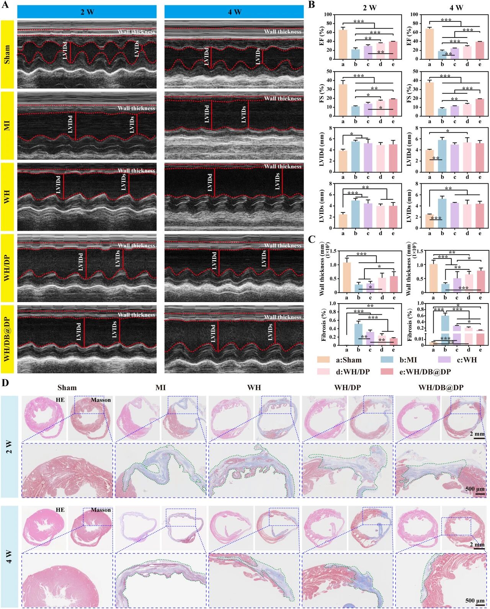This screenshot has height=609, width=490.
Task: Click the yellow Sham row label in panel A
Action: pyautogui.click(x=7, y=54)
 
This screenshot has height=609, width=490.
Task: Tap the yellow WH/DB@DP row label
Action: pyautogui.click(x=7, y=339)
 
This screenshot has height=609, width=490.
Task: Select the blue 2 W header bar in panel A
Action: pyautogui.click(x=87, y=12)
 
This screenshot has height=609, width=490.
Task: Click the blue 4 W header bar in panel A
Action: pyautogui.click(x=234, y=12)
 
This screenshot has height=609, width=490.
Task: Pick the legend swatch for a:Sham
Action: pyautogui.click(x=324, y=360)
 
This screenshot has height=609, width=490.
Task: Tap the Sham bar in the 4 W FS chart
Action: pyautogui.click(x=430, y=99)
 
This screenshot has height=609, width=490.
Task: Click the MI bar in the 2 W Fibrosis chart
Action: pyautogui.click(x=358, y=335)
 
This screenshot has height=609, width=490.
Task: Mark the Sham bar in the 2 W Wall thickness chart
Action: pyautogui.click(x=347, y=278)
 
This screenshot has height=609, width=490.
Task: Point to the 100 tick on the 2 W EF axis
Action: pyautogui.click(x=328, y=15)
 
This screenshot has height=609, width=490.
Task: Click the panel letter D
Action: pyautogui.click(x=5, y=383)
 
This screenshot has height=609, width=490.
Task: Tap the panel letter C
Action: pyautogui.click(x=312, y=240)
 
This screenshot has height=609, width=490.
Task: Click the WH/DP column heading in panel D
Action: pyautogui.click(x=348, y=387)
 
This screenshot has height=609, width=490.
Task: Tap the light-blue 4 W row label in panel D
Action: pyautogui.click(x=9, y=556)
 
